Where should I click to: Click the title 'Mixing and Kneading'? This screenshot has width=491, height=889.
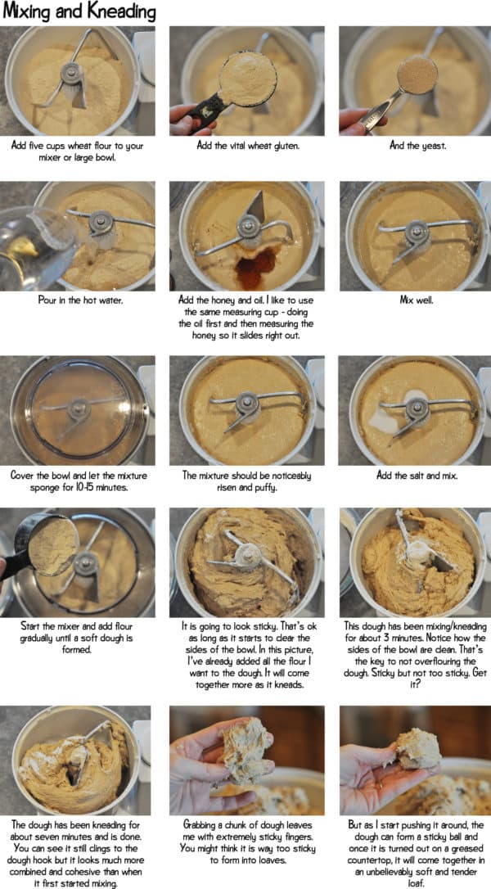tap(79, 12)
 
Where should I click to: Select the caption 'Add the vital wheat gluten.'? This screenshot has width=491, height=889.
tap(246, 147)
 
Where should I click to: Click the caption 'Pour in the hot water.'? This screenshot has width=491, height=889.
tap(79, 300)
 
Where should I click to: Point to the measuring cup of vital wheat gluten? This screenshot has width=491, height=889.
tap(246, 77)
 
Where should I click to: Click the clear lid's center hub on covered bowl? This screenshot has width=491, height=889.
tap(79, 407)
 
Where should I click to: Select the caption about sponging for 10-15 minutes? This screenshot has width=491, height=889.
tap(79, 480)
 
